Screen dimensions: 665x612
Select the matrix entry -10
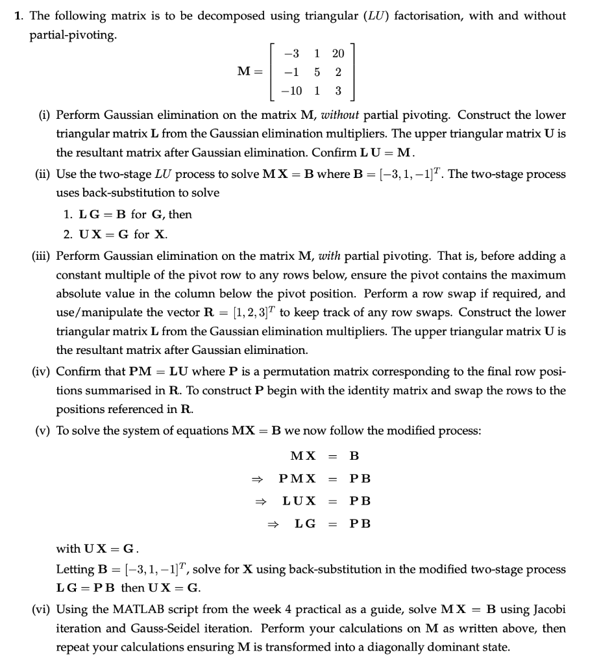click(291, 90)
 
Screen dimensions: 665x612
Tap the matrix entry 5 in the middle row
click(317, 72)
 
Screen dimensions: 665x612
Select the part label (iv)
click(43, 371)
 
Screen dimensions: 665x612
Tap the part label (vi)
click(43, 609)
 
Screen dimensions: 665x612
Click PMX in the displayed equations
click(297, 478)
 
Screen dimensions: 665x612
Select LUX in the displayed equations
click(299, 501)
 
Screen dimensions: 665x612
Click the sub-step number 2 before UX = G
click(65, 234)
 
